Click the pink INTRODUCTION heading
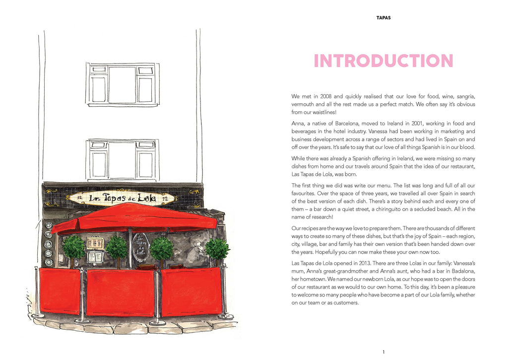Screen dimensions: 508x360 [383, 61]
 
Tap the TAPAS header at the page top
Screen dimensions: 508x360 [383, 18]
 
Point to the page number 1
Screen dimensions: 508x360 [383, 352]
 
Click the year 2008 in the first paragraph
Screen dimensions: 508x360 [326, 96]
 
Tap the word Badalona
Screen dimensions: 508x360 [463, 271]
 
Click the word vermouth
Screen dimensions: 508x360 [303, 104]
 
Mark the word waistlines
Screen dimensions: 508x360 [324, 112]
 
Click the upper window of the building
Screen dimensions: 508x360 [123, 84]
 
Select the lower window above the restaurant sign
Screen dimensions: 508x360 [123, 159]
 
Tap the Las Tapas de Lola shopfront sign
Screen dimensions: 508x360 [122, 198]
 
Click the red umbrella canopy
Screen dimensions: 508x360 [134, 217]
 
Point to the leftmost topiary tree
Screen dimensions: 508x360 [74, 247]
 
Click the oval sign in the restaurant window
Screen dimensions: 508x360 [140, 246]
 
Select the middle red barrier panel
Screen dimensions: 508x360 [120, 292]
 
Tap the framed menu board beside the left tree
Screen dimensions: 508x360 [95, 243]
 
